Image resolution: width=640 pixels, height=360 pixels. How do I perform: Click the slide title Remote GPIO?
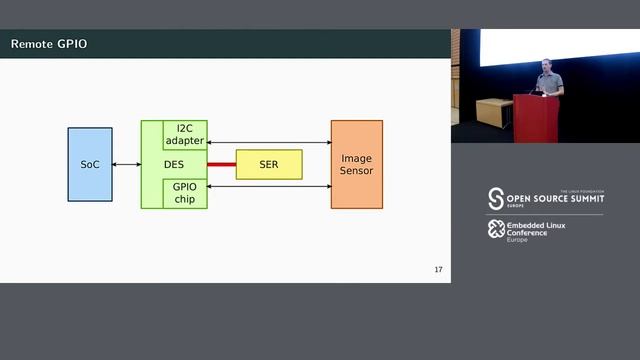(49, 44)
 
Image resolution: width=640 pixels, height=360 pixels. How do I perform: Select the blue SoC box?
(90, 164)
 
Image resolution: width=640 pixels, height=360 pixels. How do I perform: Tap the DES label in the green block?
(173, 164)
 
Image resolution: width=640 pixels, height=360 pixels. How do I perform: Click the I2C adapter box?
(185, 135)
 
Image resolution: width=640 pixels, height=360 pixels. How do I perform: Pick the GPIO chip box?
(185, 193)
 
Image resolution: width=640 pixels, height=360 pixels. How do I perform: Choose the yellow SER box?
(268, 164)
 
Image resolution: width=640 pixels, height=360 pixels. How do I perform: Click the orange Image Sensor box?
(356, 164)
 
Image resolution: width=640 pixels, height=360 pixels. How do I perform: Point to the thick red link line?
(221, 164)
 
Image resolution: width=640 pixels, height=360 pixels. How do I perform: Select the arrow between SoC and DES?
(126, 164)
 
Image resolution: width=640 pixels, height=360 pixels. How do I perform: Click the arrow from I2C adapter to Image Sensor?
(268, 144)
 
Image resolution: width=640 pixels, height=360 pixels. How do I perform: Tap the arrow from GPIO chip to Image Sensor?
(268, 185)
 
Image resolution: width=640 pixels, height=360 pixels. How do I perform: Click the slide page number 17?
(438, 270)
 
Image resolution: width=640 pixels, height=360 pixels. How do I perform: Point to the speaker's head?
(546, 66)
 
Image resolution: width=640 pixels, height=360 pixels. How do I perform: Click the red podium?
(536, 119)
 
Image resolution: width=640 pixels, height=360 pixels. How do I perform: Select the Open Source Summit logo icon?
(496, 198)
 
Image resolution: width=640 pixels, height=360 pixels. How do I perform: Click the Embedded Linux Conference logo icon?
(495, 229)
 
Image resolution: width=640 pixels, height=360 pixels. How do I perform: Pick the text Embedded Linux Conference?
(527, 230)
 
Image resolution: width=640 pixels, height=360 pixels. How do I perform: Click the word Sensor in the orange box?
(356, 171)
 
